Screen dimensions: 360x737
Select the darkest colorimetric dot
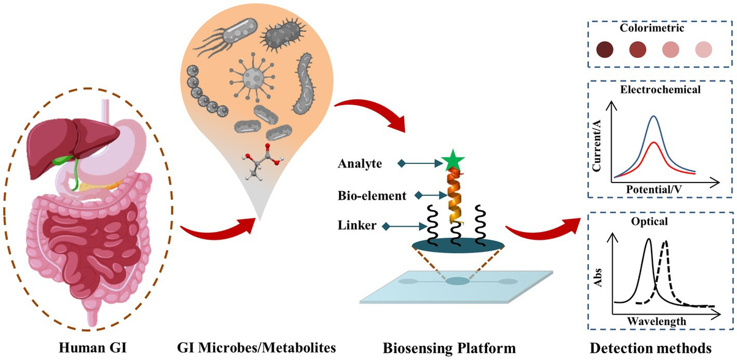click(x=606, y=49)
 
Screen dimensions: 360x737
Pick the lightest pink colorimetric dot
click(x=703, y=49)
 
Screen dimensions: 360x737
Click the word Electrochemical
click(x=652, y=89)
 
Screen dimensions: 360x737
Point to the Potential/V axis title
click(x=653, y=190)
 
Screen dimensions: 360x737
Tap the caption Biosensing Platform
click(x=450, y=348)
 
